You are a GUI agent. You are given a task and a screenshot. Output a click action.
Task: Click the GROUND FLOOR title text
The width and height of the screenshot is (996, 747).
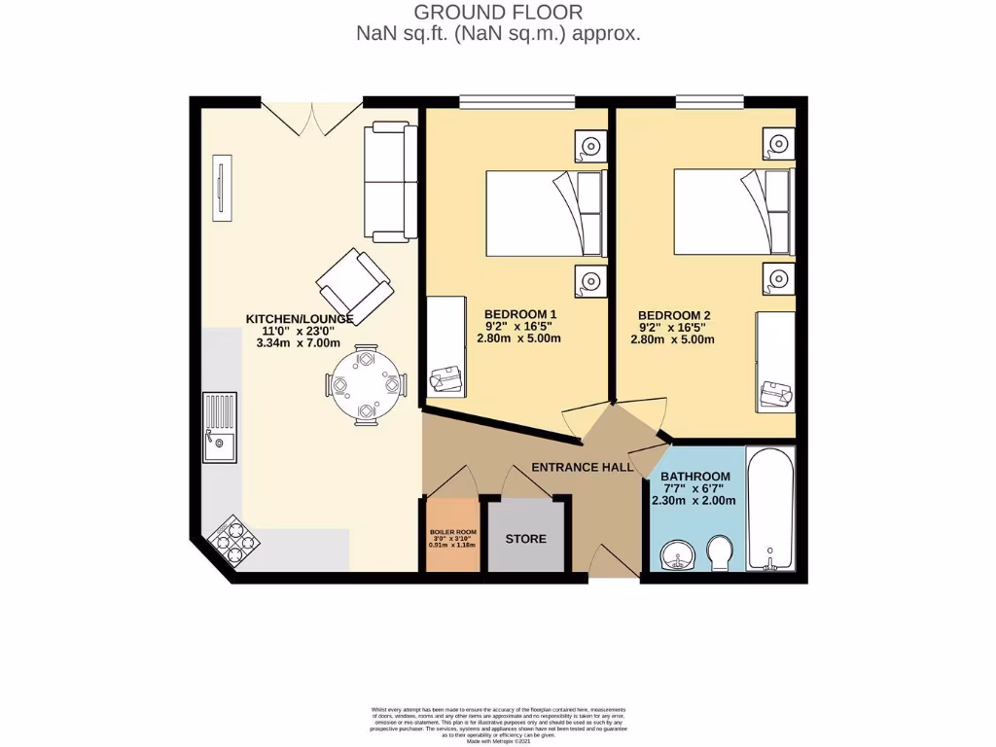click(x=498, y=13)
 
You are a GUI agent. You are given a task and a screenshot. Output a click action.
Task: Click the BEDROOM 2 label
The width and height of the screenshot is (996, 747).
click(x=673, y=315)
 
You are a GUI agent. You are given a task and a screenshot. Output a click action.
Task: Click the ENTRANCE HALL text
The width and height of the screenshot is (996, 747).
click(x=583, y=467)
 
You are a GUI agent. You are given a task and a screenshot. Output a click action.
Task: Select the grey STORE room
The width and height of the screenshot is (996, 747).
click(x=525, y=538)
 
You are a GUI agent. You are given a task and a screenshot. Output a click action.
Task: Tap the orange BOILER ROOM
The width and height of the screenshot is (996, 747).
click(x=451, y=535)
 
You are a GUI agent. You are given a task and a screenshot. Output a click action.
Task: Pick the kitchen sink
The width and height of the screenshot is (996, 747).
click(x=219, y=427)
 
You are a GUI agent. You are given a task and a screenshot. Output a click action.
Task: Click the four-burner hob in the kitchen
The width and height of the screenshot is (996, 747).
click(x=231, y=542)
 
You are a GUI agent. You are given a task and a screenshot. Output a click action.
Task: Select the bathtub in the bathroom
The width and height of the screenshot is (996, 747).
click(x=770, y=510)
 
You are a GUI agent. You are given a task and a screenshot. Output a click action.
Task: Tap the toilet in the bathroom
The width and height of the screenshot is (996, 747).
click(x=721, y=553)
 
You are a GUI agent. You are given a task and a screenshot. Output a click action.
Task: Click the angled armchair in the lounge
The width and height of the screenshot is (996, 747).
click(x=355, y=285)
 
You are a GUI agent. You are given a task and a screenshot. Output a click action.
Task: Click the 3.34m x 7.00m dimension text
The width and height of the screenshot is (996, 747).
click(x=298, y=343)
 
